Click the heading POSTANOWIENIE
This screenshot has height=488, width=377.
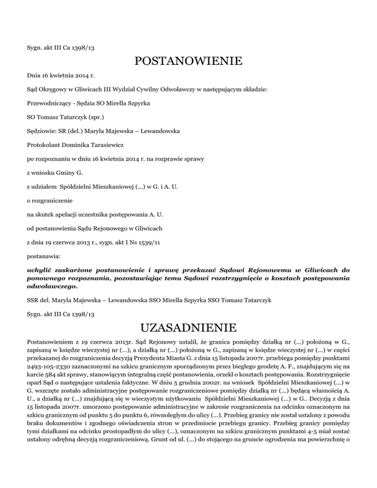pos(188,62)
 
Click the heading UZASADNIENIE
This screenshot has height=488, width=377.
pos(188,327)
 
